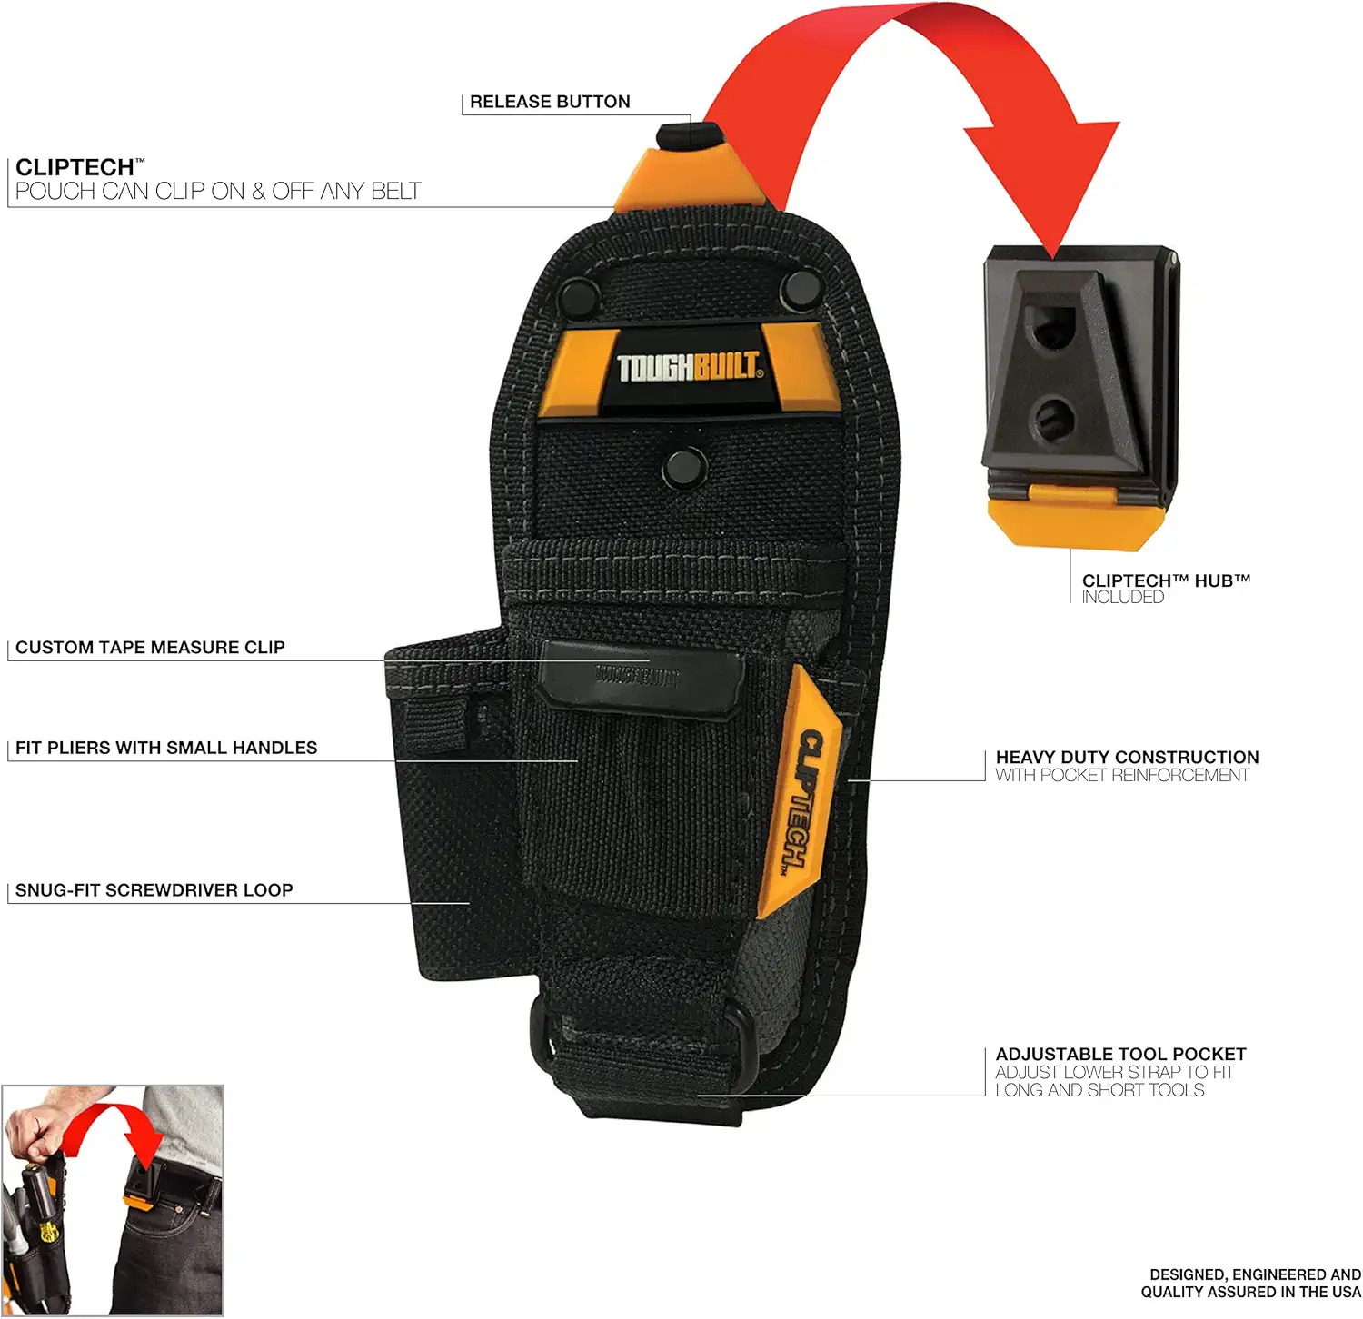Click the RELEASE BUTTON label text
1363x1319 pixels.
549,102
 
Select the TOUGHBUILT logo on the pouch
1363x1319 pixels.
688,367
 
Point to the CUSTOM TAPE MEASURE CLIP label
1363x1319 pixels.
150,648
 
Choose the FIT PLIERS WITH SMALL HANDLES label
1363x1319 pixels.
166,749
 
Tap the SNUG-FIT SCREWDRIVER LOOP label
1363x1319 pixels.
154,890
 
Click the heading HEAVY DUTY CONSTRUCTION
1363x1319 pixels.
1127,757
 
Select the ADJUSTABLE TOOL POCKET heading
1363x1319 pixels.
1120,1054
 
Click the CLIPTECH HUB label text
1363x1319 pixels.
1166,580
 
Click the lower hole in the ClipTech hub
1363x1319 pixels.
1054,419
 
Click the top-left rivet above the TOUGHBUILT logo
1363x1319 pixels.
575,294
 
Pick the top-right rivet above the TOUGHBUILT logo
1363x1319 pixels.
800,289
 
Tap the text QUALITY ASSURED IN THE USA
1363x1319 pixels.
1250,1292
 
